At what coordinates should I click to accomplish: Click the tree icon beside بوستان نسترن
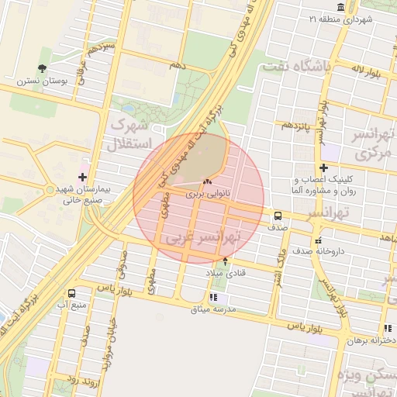[x=43, y=56]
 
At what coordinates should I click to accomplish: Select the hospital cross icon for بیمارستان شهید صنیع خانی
[x=82, y=177]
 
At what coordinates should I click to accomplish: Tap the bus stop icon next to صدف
[x=278, y=216]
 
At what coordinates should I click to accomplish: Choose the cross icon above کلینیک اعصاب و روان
[x=323, y=168]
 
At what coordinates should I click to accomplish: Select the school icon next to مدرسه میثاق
[x=214, y=298]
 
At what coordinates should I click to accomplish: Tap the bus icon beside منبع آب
[x=71, y=294]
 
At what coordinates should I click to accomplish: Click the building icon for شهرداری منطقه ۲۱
[x=342, y=18]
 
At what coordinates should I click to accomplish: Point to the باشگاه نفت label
[x=297, y=67]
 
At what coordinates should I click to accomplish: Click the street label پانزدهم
[x=296, y=125]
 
